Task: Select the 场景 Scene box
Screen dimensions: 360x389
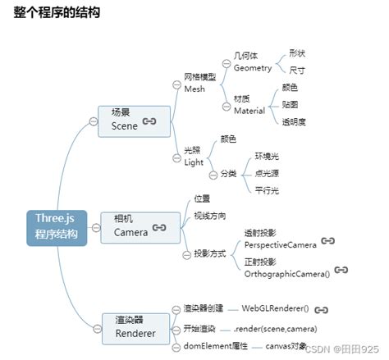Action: tap(135, 121)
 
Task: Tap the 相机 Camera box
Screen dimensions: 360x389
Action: tap(140, 226)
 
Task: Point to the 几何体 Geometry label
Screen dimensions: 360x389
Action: tap(252, 62)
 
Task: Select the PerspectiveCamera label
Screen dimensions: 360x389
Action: tap(280, 244)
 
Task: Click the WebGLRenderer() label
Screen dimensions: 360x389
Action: tap(274, 309)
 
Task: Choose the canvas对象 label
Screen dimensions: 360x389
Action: tap(286, 347)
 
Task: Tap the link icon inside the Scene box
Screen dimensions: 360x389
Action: tap(149, 121)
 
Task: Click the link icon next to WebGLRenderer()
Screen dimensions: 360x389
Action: tap(322, 310)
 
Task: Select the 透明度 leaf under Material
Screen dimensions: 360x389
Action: tap(294, 121)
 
